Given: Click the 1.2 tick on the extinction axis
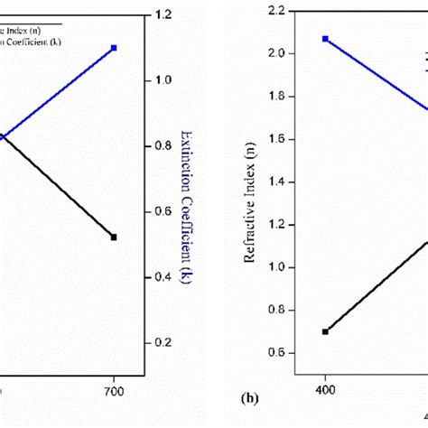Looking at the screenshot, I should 163,15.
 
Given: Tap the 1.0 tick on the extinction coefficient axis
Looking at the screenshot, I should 163,80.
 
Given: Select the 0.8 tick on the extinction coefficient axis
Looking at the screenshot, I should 163,146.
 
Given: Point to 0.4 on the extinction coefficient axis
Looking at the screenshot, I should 163,277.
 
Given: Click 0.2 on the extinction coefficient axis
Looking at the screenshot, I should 163,343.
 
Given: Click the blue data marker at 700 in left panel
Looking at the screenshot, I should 114,47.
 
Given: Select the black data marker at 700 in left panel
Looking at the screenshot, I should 114,237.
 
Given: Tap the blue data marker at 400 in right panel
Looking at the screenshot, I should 325,39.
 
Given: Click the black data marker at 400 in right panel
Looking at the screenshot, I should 325,331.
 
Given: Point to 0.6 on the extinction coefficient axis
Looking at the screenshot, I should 163,212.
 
